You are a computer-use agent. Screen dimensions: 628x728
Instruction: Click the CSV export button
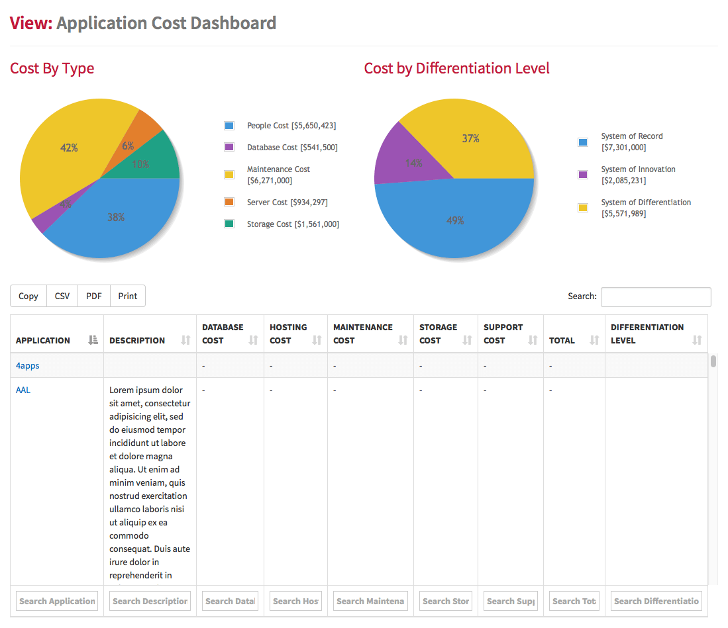coord(62,296)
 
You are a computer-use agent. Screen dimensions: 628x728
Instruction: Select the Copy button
coord(28,296)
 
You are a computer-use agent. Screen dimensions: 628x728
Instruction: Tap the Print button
coord(128,296)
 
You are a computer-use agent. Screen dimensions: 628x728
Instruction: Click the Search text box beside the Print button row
coord(655,297)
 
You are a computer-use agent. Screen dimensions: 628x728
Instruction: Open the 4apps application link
coord(27,365)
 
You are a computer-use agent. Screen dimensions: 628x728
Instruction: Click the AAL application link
coord(23,390)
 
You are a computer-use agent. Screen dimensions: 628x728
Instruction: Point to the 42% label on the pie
coord(69,148)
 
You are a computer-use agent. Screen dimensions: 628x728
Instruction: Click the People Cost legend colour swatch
coord(229,126)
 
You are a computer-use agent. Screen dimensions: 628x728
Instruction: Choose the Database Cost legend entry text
coord(291,148)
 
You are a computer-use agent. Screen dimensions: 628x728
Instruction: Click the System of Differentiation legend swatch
coord(583,208)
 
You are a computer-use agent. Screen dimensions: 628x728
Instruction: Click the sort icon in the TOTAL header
coord(594,340)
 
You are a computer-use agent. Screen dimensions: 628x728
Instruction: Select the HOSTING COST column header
coord(288,334)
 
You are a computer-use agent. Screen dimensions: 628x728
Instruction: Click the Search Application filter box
coord(57,601)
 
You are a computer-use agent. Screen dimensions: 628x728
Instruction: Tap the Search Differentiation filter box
coord(656,601)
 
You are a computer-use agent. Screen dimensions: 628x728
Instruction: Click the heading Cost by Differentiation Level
coord(456,68)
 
